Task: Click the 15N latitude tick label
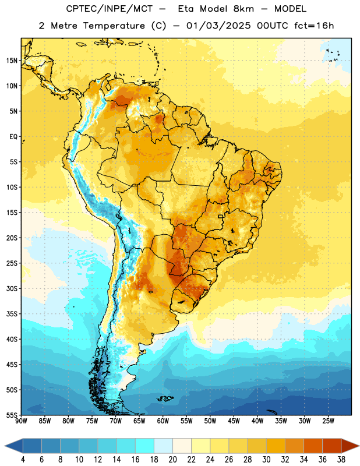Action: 12,61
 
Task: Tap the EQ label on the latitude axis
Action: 13,137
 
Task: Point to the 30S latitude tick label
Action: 12,288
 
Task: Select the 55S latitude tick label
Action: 12,415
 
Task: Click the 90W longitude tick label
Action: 21,421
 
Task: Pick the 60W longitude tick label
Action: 163,421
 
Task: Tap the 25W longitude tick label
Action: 328,421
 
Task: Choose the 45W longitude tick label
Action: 234,421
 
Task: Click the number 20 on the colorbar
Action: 172,460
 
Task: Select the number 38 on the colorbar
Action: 341,460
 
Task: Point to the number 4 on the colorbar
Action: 23,460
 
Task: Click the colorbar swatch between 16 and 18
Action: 144,446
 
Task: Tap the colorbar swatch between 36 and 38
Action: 332,446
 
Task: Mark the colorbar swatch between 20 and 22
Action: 182,446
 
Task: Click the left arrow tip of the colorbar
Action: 5,446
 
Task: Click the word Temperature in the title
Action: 114,26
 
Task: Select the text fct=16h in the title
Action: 314,26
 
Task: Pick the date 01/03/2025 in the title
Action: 218,26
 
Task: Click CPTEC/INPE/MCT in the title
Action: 110,9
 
